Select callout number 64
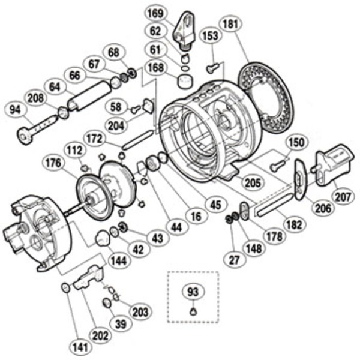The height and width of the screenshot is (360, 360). click(55, 86)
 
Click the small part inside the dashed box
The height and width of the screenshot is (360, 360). click(193, 311)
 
